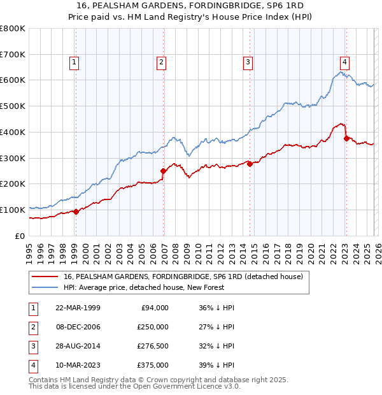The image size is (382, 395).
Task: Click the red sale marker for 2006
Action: pyautogui.click(x=163, y=171)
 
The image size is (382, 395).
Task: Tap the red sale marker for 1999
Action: pyautogui.click(x=76, y=212)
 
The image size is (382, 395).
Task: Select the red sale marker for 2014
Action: pyautogui.click(x=250, y=164)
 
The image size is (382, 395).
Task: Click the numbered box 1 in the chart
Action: pyautogui.click(x=74, y=62)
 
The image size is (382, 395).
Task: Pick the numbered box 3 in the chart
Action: pyautogui.click(x=248, y=62)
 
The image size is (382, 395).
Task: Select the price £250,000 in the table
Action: pyautogui.click(x=152, y=327)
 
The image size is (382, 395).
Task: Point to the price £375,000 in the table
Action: pyautogui.click(x=152, y=365)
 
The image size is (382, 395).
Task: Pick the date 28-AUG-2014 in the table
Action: pyautogui.click(x=77, y=346)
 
